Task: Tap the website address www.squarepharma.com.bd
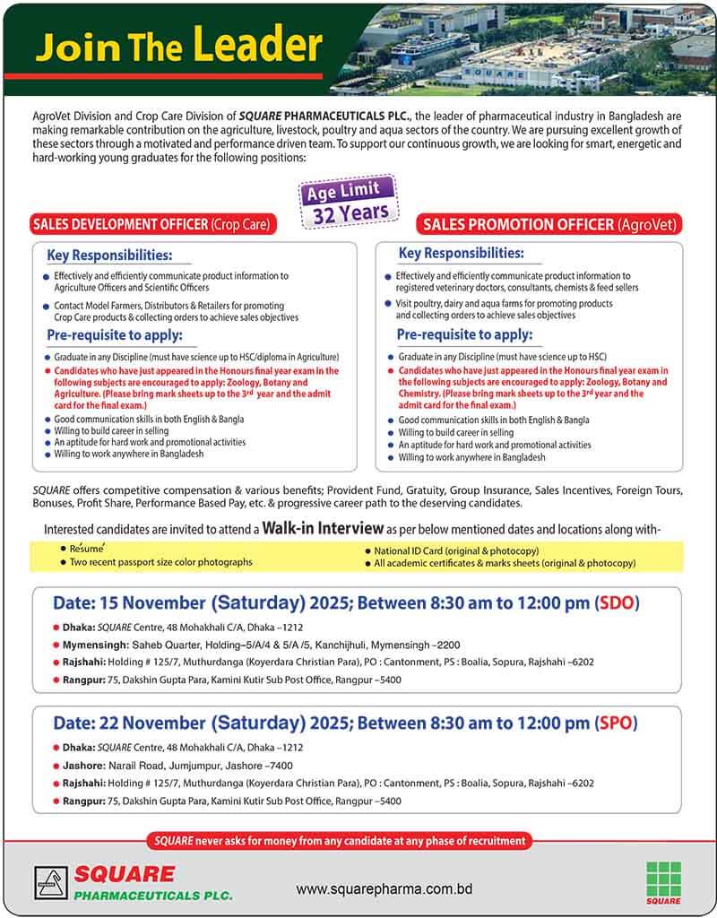click(x=384, y=889)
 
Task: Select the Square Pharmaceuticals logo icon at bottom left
click(x=51, y=883)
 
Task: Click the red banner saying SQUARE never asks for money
click(x=340, y=841)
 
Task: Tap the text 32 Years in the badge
click(x=350, y=212)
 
